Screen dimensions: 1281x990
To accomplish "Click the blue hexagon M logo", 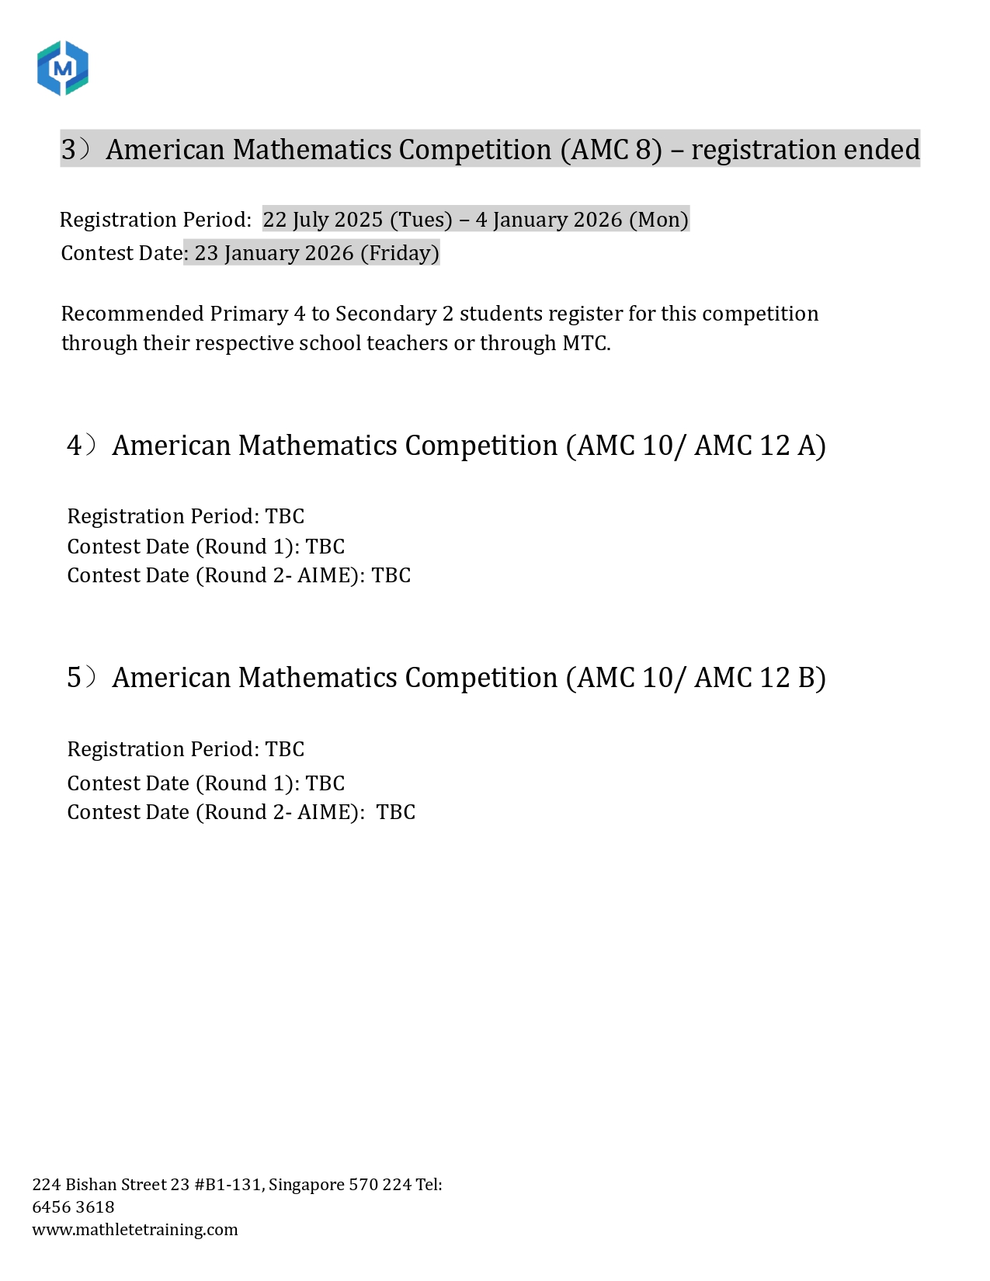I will [x=63, y=68].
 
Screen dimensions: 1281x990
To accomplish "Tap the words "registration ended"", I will [x=805, y=149].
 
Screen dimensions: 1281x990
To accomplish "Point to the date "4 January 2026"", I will [x=549, y=220].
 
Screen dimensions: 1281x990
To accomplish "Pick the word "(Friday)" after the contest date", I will [x=400, y=253].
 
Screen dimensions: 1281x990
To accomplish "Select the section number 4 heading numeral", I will [x=75, y=446].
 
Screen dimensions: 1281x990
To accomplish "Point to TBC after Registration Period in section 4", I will [x=285, y=516].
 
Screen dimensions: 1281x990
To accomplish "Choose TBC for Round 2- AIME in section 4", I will [x=391, y=575].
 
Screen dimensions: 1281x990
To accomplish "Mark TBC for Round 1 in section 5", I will [x=325, y=783].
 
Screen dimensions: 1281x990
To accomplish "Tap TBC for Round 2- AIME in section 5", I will [x=396, y=812].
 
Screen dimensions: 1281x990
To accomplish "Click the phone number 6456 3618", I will [x=73, y=1207].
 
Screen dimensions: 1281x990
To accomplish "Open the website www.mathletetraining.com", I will [x=135, y=1230].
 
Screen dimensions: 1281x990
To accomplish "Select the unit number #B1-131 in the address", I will [x=228, y=1185].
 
